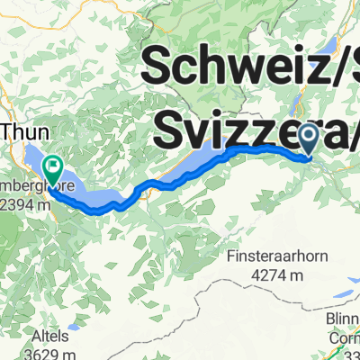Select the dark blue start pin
(308, 139)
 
